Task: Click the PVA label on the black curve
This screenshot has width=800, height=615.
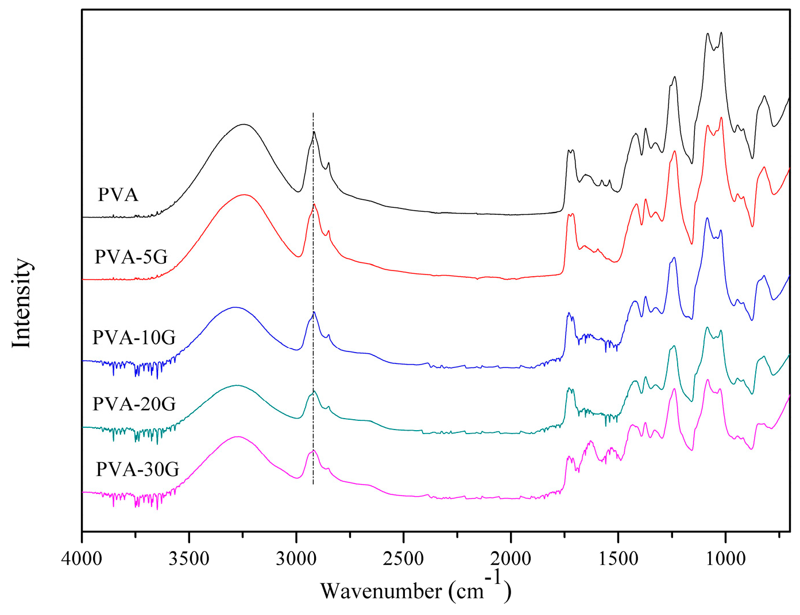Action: (x=118, y=195)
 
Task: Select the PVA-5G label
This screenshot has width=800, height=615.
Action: (x=131, y=257)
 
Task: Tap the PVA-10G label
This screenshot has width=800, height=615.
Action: (x=134, y=337)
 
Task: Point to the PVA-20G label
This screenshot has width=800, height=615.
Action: (x=134, y=404)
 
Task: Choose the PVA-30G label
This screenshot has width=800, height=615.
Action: (x=137, y=470)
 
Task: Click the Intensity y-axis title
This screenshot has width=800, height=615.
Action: (x=21, y=303)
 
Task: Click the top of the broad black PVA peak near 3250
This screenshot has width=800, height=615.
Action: (x=244, y=124)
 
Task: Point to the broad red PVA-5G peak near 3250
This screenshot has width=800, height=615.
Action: (x=245, y=195)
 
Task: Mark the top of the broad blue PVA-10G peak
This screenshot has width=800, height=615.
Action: (x=234, y=307)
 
